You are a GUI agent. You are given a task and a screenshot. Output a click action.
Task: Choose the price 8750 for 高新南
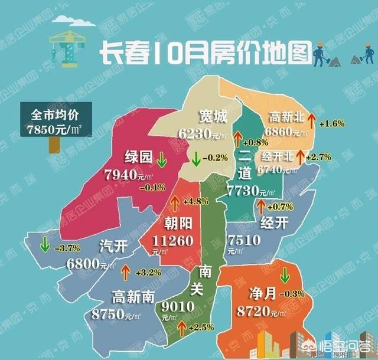pyautogui.click(x=108, y=315)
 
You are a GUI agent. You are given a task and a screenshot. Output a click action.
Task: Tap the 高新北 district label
pyautogui.click(x=286, y=116)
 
